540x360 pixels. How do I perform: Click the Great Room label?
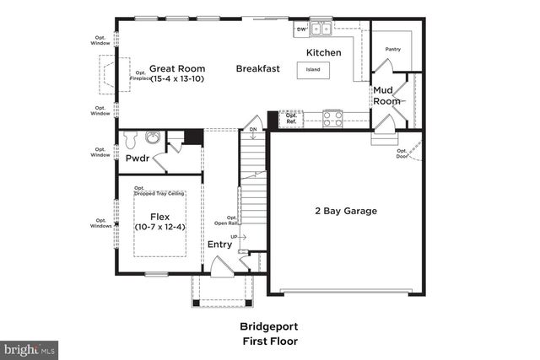click(x=177, y=69)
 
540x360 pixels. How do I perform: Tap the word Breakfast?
click(x=258, y=69)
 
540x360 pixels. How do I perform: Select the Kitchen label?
click(x=323, y=53)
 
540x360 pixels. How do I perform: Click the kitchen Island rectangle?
click(x=313, y=69)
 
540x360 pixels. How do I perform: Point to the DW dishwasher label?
click(x=300, y=30)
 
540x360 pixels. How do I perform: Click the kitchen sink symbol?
click(x=321, y=30)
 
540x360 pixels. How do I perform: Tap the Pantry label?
click(x=392, y=49)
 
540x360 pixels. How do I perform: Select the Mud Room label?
click(x=387, y=94)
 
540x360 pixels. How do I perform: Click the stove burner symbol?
click(x=332, y=118)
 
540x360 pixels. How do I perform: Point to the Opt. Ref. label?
click(x=291, y=118)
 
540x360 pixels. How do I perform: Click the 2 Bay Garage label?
click(x=346, y=211)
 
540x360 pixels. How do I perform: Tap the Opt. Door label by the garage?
click(x=402, y=153)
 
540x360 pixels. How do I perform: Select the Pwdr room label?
click(x=138, y=159)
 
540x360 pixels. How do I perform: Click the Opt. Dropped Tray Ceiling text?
click(x=159, y=191)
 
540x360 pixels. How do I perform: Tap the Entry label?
click(x=219, y=245)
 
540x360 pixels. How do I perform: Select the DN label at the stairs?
click(x=253, y=130)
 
